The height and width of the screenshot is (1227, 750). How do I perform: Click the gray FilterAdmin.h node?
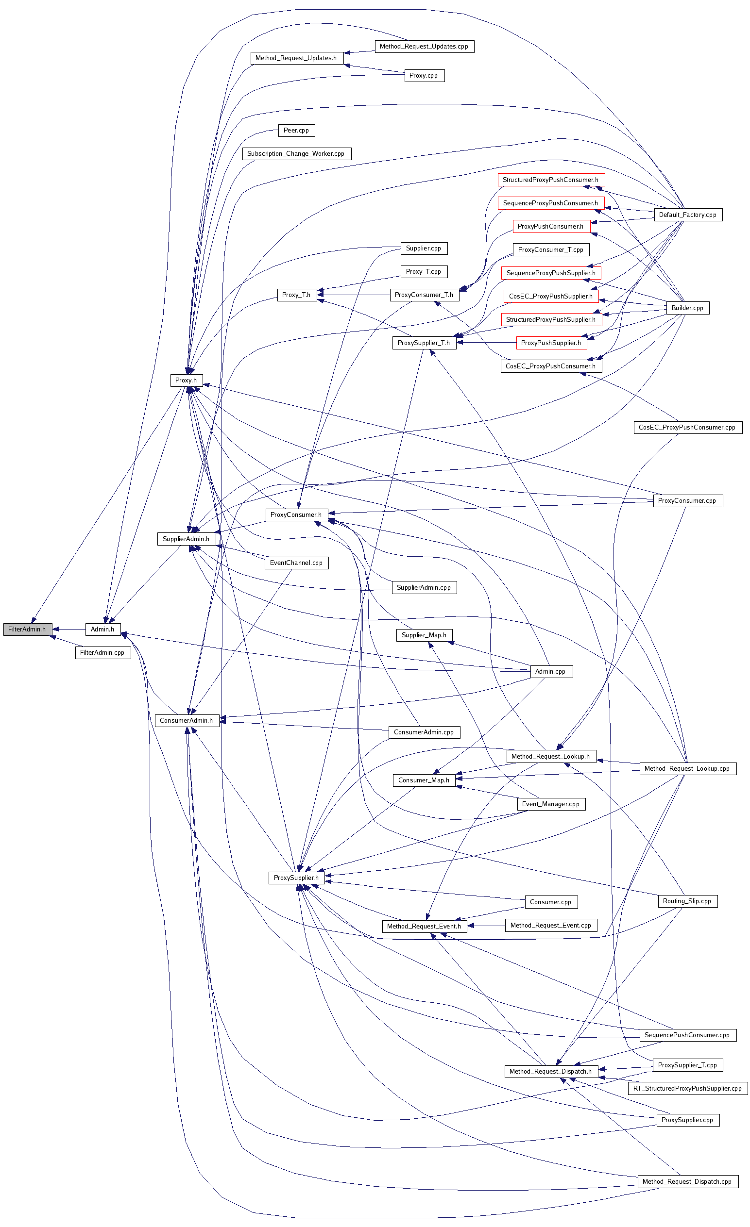[27, 629]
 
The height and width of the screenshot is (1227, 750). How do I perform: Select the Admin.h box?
[102, 629]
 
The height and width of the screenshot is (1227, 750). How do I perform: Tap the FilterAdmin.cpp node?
[102, 652]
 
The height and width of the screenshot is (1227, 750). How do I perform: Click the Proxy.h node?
[186, 380]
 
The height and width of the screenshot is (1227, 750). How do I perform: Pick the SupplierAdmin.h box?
[187, 539]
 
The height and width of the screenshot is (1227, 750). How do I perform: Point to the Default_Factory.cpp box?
[688, 215]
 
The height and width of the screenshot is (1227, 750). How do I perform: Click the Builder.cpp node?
[687, 308]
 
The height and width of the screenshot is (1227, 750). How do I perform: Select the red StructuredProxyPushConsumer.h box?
[551, 180]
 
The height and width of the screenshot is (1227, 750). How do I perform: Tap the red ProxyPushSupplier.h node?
[551, 343]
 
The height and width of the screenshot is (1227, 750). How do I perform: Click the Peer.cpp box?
[296, 130]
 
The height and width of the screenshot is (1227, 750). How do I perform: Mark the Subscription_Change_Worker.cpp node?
[296, 153]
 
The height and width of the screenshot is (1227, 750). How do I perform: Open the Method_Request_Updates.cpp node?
[424, 46]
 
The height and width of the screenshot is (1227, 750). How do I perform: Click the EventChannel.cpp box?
[296, 563]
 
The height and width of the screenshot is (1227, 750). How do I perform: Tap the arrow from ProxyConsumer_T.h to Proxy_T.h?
[354, 295]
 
